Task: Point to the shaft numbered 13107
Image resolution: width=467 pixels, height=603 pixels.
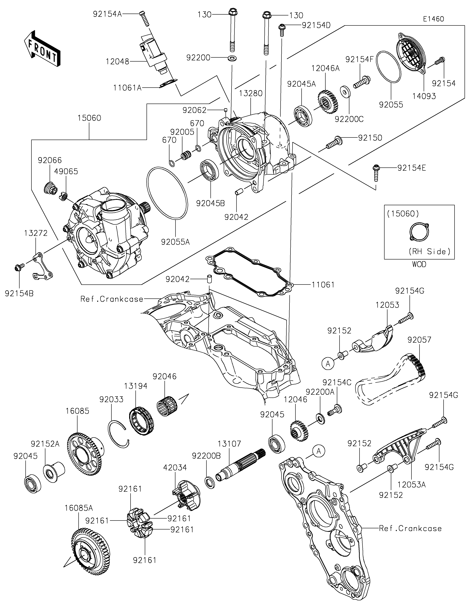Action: tap(240, 467)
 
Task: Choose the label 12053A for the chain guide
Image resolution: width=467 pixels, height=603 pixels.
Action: tap(412, 485)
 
